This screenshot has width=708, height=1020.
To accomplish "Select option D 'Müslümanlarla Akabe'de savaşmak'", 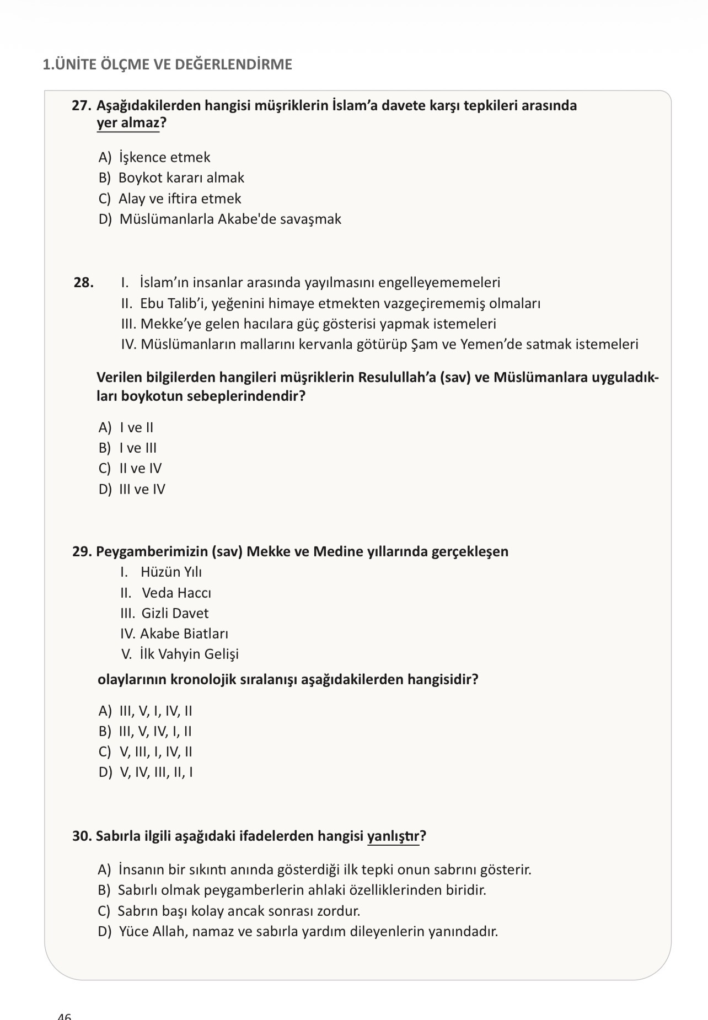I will (230, 219).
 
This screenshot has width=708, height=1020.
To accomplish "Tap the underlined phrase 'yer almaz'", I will (128, 122).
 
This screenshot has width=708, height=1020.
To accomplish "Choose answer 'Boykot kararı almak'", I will (181, 178).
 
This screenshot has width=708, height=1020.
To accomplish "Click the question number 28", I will (83, 283).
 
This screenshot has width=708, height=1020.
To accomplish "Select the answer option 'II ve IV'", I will (140, 468).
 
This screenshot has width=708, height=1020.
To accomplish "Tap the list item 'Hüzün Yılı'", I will (171, 572).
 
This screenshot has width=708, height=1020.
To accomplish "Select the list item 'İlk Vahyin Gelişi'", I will (189, 654).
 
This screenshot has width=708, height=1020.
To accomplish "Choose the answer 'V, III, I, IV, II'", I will (155, 751).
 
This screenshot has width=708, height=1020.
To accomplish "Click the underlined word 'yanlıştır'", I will (393, 836).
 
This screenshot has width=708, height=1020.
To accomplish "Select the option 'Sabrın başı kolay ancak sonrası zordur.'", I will (239, 911).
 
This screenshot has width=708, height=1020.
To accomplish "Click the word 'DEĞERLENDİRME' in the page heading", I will (233, 65).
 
